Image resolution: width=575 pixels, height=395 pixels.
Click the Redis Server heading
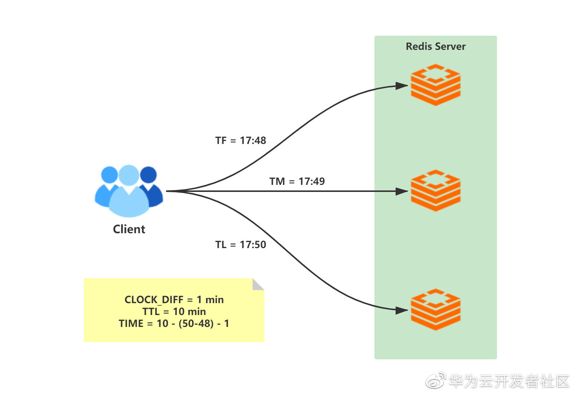coord(436,46)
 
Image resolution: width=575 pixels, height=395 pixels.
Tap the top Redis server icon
coord(436,85)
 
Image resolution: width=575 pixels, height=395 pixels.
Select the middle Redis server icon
coord(436,190)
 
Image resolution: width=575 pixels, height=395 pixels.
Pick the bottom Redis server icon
coord(436,309)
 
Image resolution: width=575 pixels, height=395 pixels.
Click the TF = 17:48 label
coord(241,141)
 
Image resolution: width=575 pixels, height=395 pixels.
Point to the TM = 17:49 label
coord(297,182)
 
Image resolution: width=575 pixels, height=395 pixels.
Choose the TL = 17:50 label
coord(241,245)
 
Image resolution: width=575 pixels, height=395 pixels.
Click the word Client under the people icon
coord(129,229)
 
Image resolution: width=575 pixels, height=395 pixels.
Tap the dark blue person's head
coord(149,175)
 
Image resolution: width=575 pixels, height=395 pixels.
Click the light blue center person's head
coord(129,175)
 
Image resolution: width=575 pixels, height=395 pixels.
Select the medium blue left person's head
coord(109,175)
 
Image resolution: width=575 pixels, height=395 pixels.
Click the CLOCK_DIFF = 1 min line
coord(174,300)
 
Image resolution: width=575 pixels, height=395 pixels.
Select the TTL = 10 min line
coord(174,311)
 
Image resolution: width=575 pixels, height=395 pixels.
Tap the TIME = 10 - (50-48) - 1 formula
coord(174,324)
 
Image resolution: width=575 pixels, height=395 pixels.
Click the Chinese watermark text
coord(509,381)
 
